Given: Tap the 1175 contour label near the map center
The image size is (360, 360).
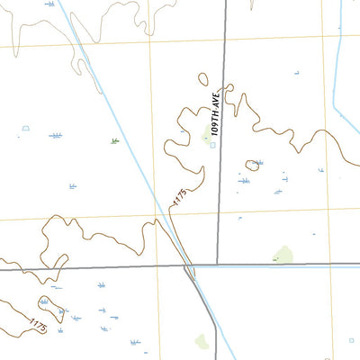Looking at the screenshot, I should (179, 197).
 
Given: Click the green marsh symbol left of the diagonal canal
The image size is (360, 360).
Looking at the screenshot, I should (114, 141).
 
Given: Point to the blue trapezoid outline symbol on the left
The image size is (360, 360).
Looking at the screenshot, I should (25, 129).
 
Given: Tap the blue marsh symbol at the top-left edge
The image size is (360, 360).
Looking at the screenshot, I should (49, 4).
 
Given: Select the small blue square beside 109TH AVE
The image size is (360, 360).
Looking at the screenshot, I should (212, 146).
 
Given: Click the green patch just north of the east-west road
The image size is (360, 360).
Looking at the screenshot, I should (284, 255).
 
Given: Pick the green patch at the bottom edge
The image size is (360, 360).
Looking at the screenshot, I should (202, 341).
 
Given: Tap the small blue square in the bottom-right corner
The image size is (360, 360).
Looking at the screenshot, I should (351, 341).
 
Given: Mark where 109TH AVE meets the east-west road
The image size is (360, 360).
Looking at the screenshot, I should (218, 265).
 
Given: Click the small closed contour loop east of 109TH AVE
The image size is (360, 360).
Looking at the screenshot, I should (253, 165).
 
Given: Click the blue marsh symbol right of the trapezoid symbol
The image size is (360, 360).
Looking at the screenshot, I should (56, 135).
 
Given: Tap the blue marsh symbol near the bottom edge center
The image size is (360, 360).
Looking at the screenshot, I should (135, 342).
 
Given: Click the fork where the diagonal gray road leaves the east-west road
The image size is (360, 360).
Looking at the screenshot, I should (189, 267).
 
